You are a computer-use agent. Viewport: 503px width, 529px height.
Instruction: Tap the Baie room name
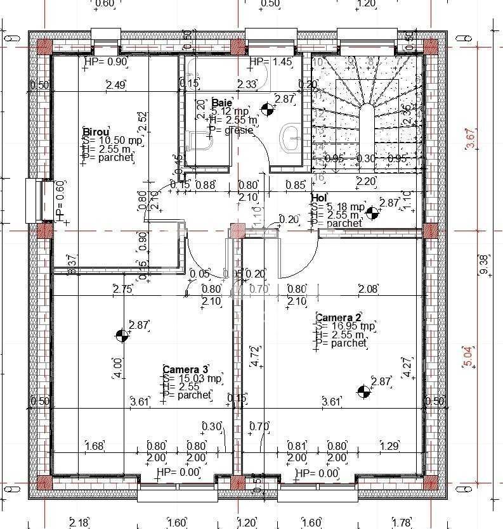[x=222, y=103]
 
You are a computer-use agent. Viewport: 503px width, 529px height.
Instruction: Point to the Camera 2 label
[x=338, y=317]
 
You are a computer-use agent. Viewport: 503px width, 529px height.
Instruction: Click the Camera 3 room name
[x=185, y=369]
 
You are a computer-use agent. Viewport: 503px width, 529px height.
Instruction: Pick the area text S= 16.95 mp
[x=346, y=326]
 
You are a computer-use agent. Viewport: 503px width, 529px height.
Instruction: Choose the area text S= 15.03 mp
[x=192, y=379]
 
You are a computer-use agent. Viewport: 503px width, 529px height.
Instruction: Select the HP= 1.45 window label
[x=271, y=61]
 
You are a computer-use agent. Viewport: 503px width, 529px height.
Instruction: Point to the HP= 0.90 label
[x=106, y=61]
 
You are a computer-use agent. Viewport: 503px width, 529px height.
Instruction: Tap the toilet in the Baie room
[x=200, y=141]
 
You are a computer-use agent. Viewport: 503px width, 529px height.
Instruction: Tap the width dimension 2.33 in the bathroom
[x=246, y=84]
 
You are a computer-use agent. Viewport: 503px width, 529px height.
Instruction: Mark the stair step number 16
[x=319, y=178]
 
